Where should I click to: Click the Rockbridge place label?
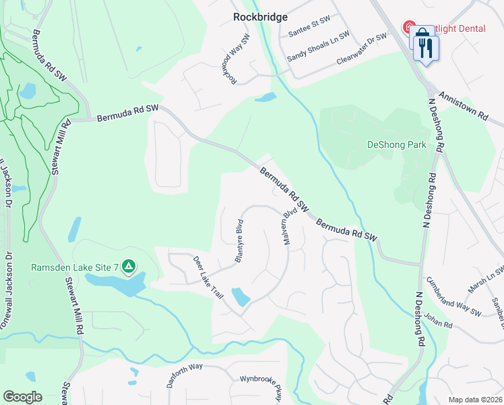click(x=260, y=17)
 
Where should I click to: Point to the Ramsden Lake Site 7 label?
click(x=75, y=267)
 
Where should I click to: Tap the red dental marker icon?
click(x=409, y=28)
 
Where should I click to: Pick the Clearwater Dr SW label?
click(x=362, y=49)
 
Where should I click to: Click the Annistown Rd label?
click(x=463, y=107)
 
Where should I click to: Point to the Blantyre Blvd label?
click(x=238, y=240)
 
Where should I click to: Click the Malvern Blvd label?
click(x=290, y=229)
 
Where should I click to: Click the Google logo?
click(x=22, y=397)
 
